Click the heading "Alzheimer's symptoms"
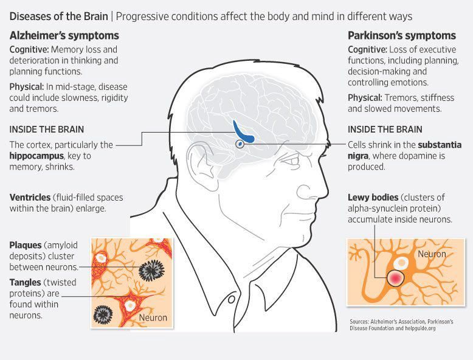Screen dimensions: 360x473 (x=64, y=36)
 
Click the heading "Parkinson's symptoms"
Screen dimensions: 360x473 (x=401, y=36)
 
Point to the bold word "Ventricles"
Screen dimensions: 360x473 (x=30, y=198)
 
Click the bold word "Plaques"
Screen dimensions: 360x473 (x=26, y=245)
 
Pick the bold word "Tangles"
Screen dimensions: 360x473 (x=26, y=283)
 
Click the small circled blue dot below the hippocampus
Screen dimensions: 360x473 (x=240, y=144)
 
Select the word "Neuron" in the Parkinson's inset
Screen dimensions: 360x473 (x=431, y=254)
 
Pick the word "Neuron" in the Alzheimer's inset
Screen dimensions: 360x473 (x=153, y=317)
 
